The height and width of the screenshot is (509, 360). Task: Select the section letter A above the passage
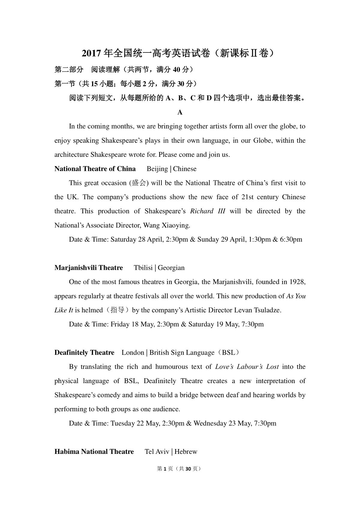click(180, 112)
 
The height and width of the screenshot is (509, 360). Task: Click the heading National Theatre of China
click(95, 169)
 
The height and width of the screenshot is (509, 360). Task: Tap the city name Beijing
click(157, 169)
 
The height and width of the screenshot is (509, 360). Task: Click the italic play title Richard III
click(208, 211)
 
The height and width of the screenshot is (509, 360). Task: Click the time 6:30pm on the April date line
click(291, 239)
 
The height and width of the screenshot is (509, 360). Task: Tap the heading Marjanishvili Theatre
click(88, 268)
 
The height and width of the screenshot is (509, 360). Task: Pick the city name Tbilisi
click(143, 268)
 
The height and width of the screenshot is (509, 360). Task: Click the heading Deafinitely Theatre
click(84, 353)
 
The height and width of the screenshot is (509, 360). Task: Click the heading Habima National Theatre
click(94, 451)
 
